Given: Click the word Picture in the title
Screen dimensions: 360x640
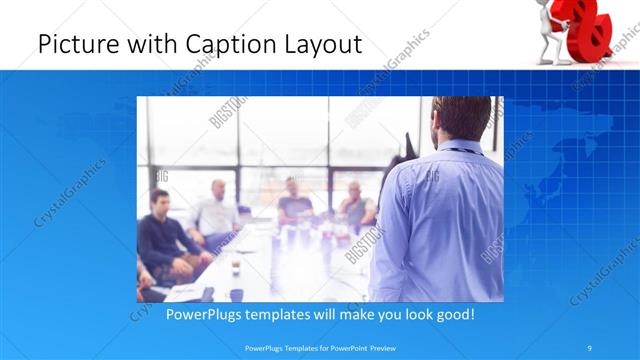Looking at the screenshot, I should click(73, 44).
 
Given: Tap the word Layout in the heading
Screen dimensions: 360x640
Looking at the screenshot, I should click(318, 44).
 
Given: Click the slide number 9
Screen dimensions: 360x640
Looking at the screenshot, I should click(590, 347).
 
